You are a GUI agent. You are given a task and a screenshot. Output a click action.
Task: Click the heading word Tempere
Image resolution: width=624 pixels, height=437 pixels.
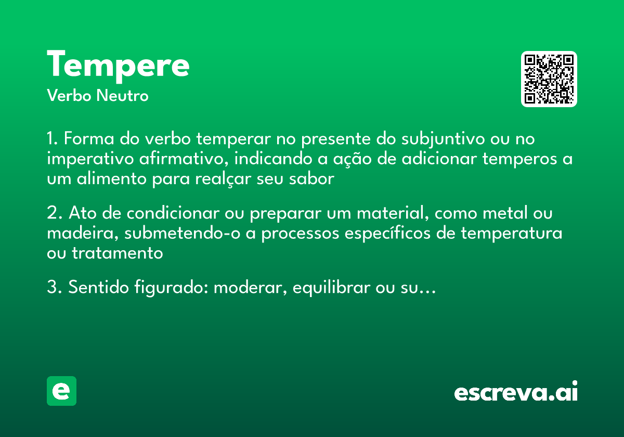[x=118, y=65]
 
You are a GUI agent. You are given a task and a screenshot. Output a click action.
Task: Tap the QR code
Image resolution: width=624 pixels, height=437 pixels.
[x=549, y=79]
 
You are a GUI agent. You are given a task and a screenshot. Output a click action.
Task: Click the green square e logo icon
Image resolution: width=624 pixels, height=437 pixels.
[x=61, y=391]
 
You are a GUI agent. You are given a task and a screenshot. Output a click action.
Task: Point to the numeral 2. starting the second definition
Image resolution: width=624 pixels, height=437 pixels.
[x=55, y=213]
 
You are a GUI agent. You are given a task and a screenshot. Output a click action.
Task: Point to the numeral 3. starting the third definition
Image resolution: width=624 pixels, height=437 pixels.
[x=55, y=287]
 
